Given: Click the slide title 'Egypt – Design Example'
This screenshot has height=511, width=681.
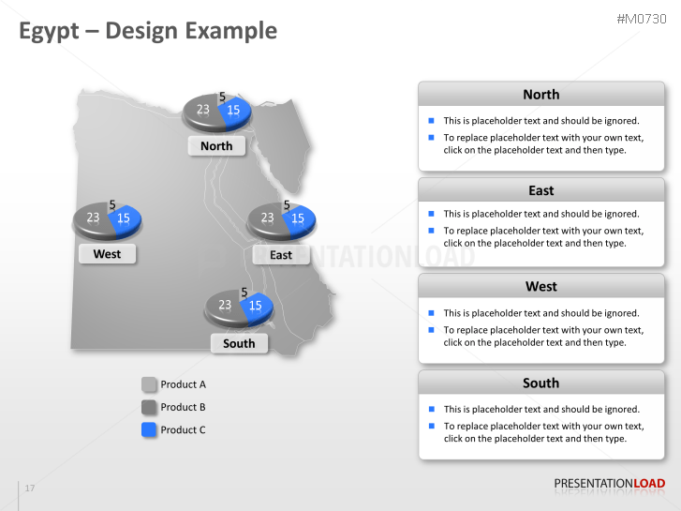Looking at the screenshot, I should coord(148,31).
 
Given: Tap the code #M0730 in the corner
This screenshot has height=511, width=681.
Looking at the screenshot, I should coord(641,19).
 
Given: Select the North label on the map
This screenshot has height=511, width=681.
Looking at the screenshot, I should coord(216,145).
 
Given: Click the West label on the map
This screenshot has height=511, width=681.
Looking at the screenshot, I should coord(107,253).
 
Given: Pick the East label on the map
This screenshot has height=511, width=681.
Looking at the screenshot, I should coord(280,254).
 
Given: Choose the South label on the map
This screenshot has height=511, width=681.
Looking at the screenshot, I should coord(239,343).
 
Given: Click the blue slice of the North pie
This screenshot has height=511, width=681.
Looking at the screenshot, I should coord(235,111).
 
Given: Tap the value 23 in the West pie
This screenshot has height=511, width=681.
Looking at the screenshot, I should coord(93,218).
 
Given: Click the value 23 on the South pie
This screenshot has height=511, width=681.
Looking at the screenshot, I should coord(225,305).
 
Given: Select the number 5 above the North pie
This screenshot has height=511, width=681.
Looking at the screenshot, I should coord(222,96).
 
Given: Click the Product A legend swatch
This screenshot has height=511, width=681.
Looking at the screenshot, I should coord(149,384).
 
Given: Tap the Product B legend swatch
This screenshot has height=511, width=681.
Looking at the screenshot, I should coord(149,407).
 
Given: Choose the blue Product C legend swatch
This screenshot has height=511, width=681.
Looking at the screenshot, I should coord(149,429).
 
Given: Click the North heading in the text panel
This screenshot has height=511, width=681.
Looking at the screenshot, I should coord(540,94).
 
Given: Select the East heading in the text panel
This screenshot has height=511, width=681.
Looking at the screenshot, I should coord(540,190).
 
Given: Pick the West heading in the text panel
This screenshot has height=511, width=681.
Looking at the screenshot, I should coord(540,286).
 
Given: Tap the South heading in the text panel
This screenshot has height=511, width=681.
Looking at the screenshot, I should coord(540,383).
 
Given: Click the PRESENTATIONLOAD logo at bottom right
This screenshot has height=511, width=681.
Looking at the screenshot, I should coord(609,484).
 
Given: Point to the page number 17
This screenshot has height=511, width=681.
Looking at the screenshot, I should coord(30,488).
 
